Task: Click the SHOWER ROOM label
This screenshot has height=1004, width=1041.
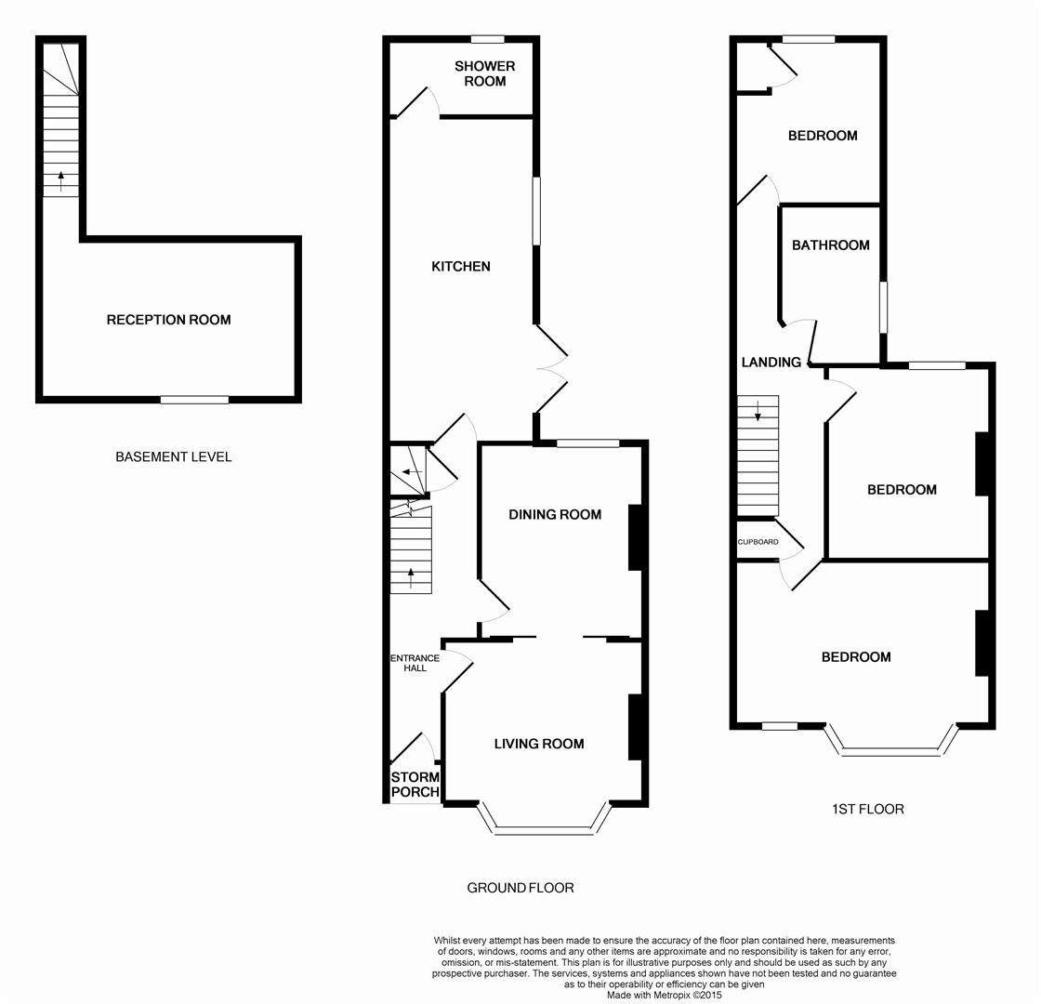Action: [484, 73]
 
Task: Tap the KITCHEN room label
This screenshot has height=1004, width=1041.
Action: [460, 267]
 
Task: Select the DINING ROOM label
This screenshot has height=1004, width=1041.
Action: [554, 514]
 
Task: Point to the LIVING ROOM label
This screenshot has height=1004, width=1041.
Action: [538, 744]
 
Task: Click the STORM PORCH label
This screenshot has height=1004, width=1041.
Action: [415, 785]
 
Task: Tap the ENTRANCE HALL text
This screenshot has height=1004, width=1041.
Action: [415, 663]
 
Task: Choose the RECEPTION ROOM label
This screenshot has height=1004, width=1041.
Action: [168, 320]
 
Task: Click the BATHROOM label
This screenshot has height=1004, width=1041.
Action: [830, 245]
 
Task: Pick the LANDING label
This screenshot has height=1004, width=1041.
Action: [771, 362]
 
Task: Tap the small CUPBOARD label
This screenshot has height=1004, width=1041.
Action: [758, 541]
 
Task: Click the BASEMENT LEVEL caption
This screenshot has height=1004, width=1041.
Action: [173, 456]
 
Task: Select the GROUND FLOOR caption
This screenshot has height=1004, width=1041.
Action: [520, 888]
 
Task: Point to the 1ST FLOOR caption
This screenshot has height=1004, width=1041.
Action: [867, 809]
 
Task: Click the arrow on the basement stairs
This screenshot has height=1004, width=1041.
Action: [61, 180]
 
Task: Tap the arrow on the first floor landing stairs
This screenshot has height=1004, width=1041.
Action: [758, 410]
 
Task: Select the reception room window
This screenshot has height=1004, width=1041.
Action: [194, 400]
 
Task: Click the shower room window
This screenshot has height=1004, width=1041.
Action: [487, 39]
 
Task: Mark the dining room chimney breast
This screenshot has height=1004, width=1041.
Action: [637, 536]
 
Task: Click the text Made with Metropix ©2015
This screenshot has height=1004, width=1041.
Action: [664, 995]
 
